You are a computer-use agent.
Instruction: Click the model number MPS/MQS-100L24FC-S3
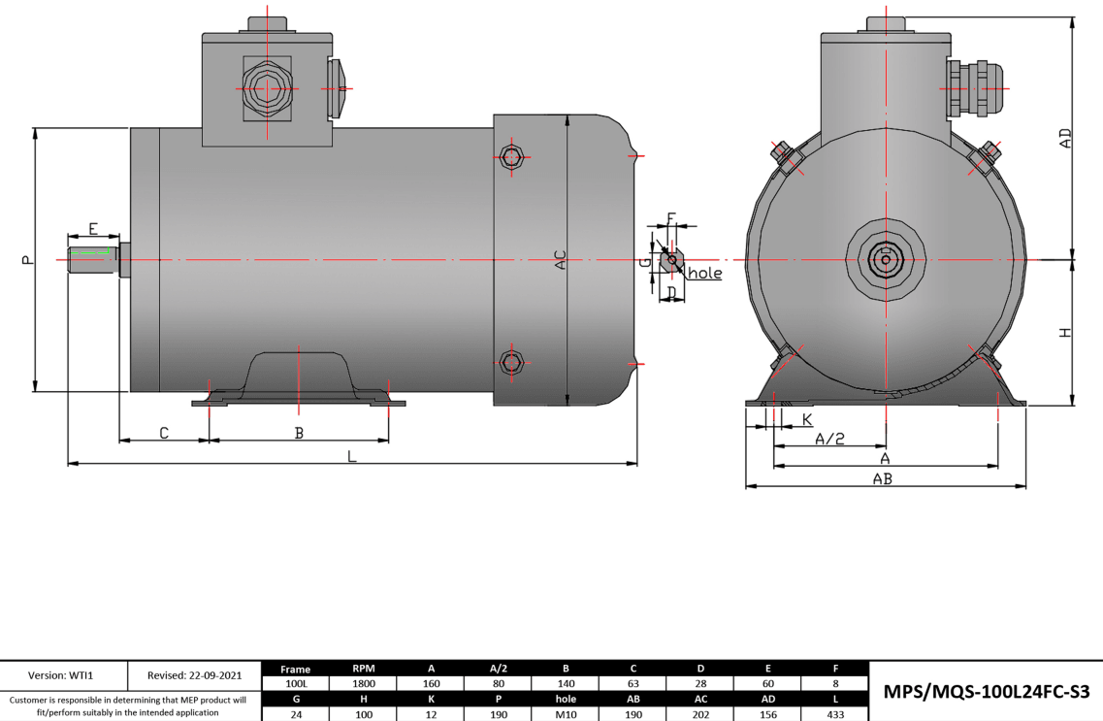pyautogui.click(x=987, y=691)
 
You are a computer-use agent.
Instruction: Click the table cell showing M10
pyautogui.click(x=565, y=713)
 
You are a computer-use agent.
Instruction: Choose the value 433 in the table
pyautogui.click(x=833, y=713)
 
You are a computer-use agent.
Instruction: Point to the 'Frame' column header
pyautogui.click(x=295, y=669)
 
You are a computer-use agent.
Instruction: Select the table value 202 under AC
pyautogui.click(x=699, y=713)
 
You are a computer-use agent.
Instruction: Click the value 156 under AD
pyautogui.click(x=766, y=713)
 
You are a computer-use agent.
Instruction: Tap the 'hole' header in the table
pyautogui.click(x=565, y=699)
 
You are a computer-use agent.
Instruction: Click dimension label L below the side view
pyautogui.click(x=352, y=455)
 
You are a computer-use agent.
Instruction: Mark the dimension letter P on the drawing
pyautogui.click(x=26, y=259)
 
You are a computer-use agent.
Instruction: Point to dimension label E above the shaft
pyautogui.click(x=93, y=229)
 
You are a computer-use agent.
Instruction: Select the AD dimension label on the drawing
pyautogui.click(x=1065, y=138)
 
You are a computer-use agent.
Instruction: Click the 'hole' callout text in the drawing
pyautogui.click(x=705, y=274)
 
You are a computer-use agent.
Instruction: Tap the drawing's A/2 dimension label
pyautogui.click(x=829, y=439)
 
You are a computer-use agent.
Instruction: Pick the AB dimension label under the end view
pyautogui.click(x=882, y=478)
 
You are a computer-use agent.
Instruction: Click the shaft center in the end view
pyautogui.click(x=886, y=260)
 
